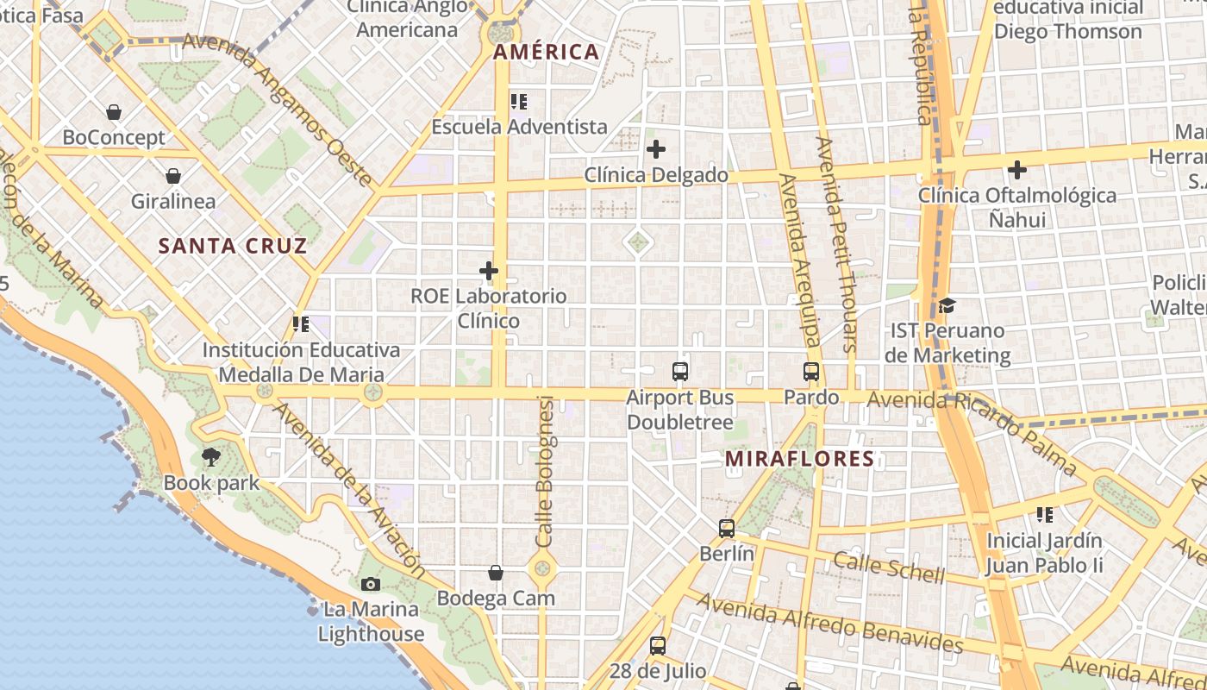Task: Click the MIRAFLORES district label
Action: pos(800,459)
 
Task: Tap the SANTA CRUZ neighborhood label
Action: pos(233,246)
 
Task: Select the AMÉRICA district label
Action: pos(546,52)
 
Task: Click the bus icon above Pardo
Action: pos(811,372)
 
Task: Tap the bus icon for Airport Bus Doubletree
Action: pos(680,372)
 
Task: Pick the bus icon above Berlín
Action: pos(727,529)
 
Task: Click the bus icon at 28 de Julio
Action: pos(658,645)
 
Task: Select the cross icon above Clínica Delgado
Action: pos(656,149)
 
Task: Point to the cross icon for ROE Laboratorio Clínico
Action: pos(489,272)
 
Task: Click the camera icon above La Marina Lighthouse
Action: pos(371,584)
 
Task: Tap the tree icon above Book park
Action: pos(211,457)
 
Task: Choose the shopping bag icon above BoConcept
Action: pos(114,112)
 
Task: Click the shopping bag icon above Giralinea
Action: pos(173,176)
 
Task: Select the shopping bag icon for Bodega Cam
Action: pos(496,572)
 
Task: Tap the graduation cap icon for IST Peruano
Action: pos(947,305)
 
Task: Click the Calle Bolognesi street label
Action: pos(544,470)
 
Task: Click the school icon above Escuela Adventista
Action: pos(519,102)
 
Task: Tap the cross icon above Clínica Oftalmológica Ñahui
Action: pos(1017,170)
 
